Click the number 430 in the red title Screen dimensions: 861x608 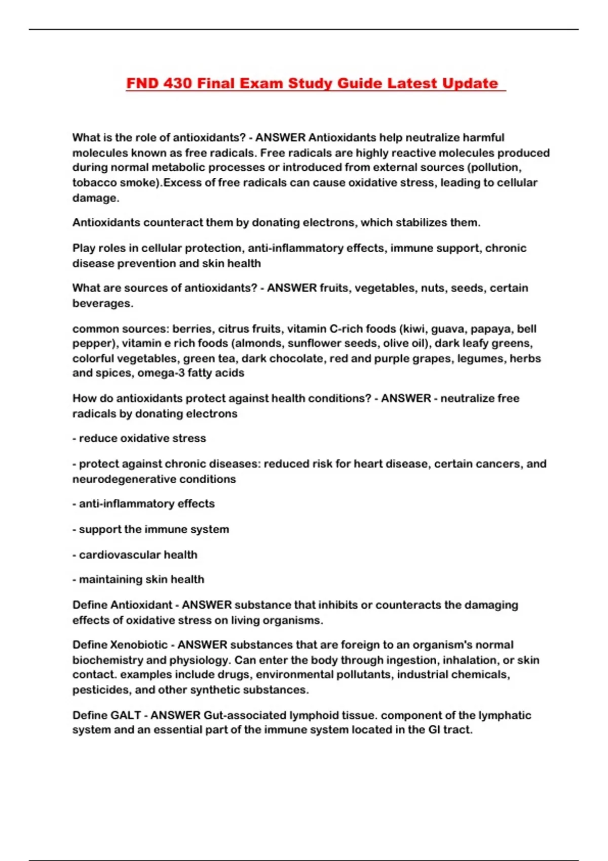(x=178, y=83)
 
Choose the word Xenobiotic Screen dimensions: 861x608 (x=139, y=645)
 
